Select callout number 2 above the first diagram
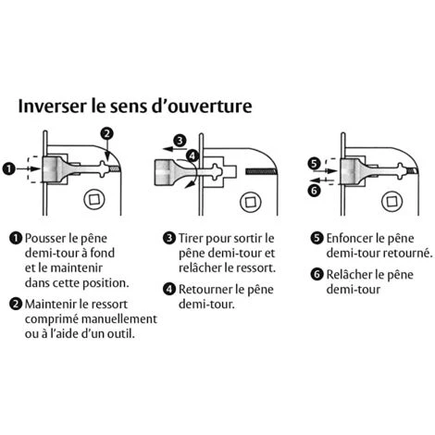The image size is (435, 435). click(108, 133)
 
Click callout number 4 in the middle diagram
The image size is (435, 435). click(192, 155)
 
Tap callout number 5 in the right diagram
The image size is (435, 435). click(314, 163)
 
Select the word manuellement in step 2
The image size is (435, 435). click(112, 318)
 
